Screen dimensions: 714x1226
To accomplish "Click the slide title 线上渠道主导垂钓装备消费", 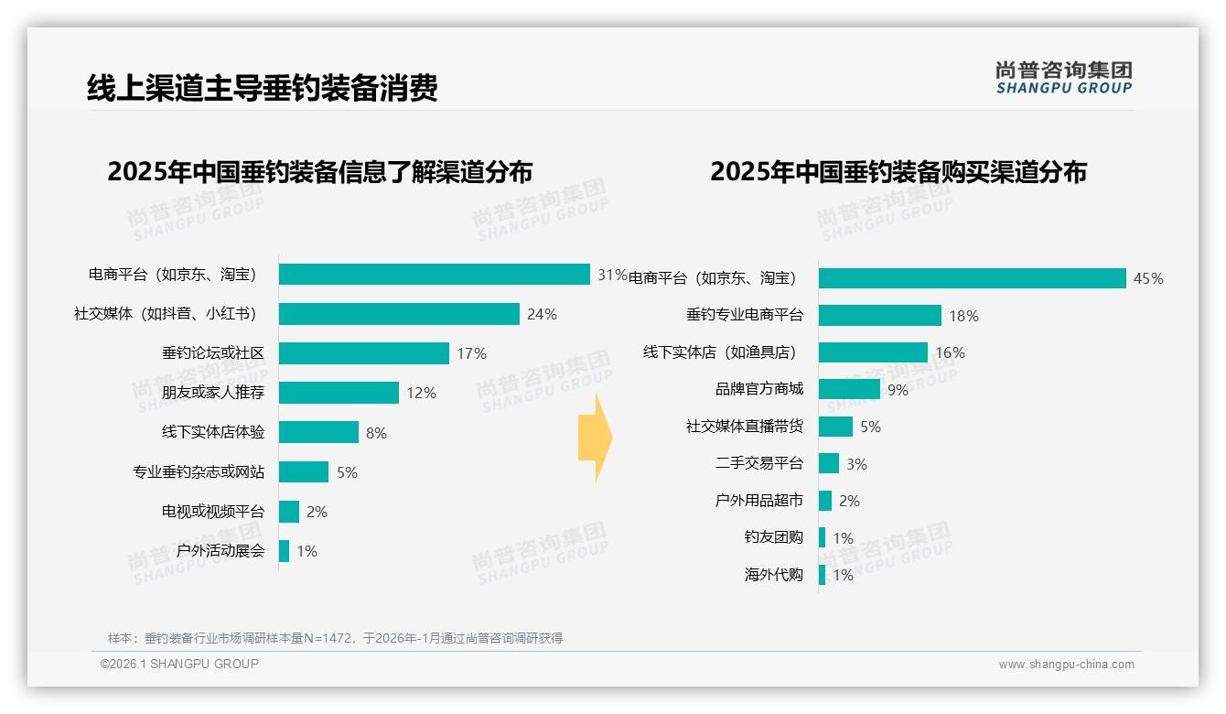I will (262, 89).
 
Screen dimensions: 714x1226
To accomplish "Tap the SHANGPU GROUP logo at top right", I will (1063, 78).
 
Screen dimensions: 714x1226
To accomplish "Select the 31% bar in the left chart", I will (434, 275).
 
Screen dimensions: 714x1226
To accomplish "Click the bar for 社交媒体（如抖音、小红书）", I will (399, 314).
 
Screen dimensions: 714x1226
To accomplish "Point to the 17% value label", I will (471, 353).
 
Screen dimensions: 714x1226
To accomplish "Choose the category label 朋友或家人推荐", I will (213, 393).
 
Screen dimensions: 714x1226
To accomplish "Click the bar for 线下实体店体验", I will (318, 432).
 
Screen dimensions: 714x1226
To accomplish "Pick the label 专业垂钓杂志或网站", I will (199, 472).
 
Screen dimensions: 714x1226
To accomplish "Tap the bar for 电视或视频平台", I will (289, 512).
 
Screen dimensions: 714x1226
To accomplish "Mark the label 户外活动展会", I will (220, 551).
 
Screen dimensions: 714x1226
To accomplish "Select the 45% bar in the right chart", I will (972, 278).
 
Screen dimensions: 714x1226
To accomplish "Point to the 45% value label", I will (1148, 278).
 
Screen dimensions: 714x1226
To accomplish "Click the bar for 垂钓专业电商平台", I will (879, 316).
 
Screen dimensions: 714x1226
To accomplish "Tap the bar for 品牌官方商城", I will (849, 390).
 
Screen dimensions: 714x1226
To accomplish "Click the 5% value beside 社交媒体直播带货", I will (870, 427).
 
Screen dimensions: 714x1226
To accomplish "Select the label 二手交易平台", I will (759, 464).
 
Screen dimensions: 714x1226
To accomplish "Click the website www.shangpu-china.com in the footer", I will (1066, 665).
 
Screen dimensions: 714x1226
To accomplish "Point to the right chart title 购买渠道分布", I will (898, 172).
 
